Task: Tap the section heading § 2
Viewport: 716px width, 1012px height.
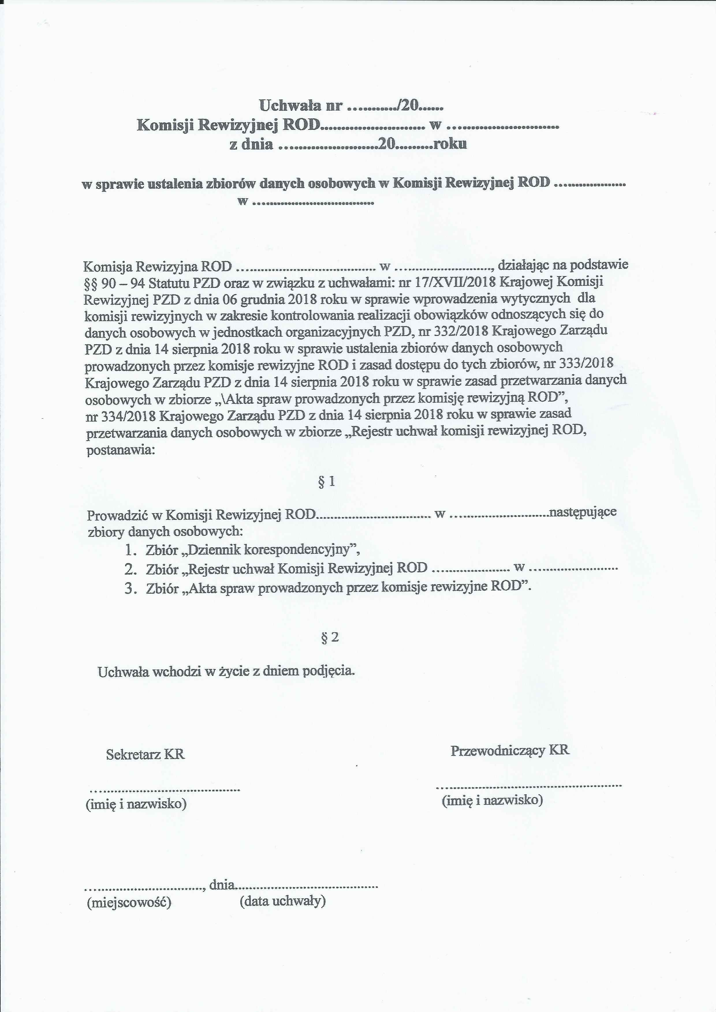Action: tap(329, 637)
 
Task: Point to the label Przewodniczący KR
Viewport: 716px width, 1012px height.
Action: tap(510, 750)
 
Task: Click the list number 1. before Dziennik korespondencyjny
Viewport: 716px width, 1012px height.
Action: tap(130, 550)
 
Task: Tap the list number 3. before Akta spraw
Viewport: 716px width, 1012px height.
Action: tap(130, 589)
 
